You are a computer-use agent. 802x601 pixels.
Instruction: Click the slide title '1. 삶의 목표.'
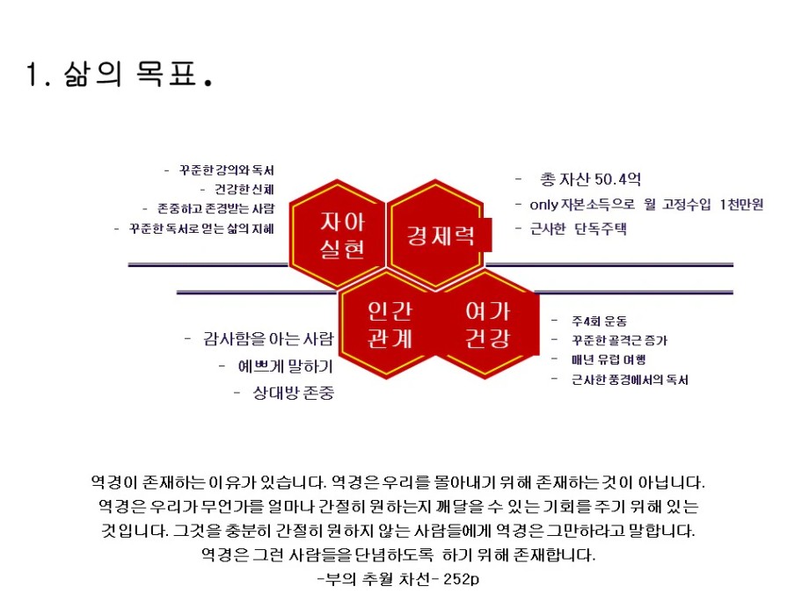tap(119, 74)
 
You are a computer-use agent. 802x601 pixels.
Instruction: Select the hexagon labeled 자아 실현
tap(338, 234)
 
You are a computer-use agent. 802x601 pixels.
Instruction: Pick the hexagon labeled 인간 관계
tap(390, 324)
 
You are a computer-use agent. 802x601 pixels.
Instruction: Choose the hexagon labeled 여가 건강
tap(487, 324)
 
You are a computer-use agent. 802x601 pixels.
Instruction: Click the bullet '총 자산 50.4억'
tap(591, 179)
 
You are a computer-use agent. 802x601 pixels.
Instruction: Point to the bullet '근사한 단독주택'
tap(579, 228)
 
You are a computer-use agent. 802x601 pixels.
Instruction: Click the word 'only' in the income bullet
tap(543, 205)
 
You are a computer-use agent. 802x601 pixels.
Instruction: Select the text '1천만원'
tap(741, 205)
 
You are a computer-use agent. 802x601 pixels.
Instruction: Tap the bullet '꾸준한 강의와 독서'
tap(226, 170)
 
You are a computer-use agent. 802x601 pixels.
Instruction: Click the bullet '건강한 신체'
tap(244, 189)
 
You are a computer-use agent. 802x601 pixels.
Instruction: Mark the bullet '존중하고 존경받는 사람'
tap(215, 208)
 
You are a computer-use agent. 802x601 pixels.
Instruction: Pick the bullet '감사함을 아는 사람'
tap(268, 338)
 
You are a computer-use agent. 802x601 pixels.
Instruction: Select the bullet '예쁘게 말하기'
tap(286, 366)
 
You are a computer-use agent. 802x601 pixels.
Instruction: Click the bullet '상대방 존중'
tap(294, 393)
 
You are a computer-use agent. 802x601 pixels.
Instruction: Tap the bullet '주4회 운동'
tap(600, 321)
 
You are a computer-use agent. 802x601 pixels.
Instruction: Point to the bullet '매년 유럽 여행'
tap(609, 359)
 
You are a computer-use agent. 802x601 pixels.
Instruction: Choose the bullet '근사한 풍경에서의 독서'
tap(631, 380)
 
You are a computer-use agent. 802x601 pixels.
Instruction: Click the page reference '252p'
tap(462, 579)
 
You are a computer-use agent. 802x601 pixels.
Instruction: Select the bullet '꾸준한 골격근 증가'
tap(619, 340)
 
